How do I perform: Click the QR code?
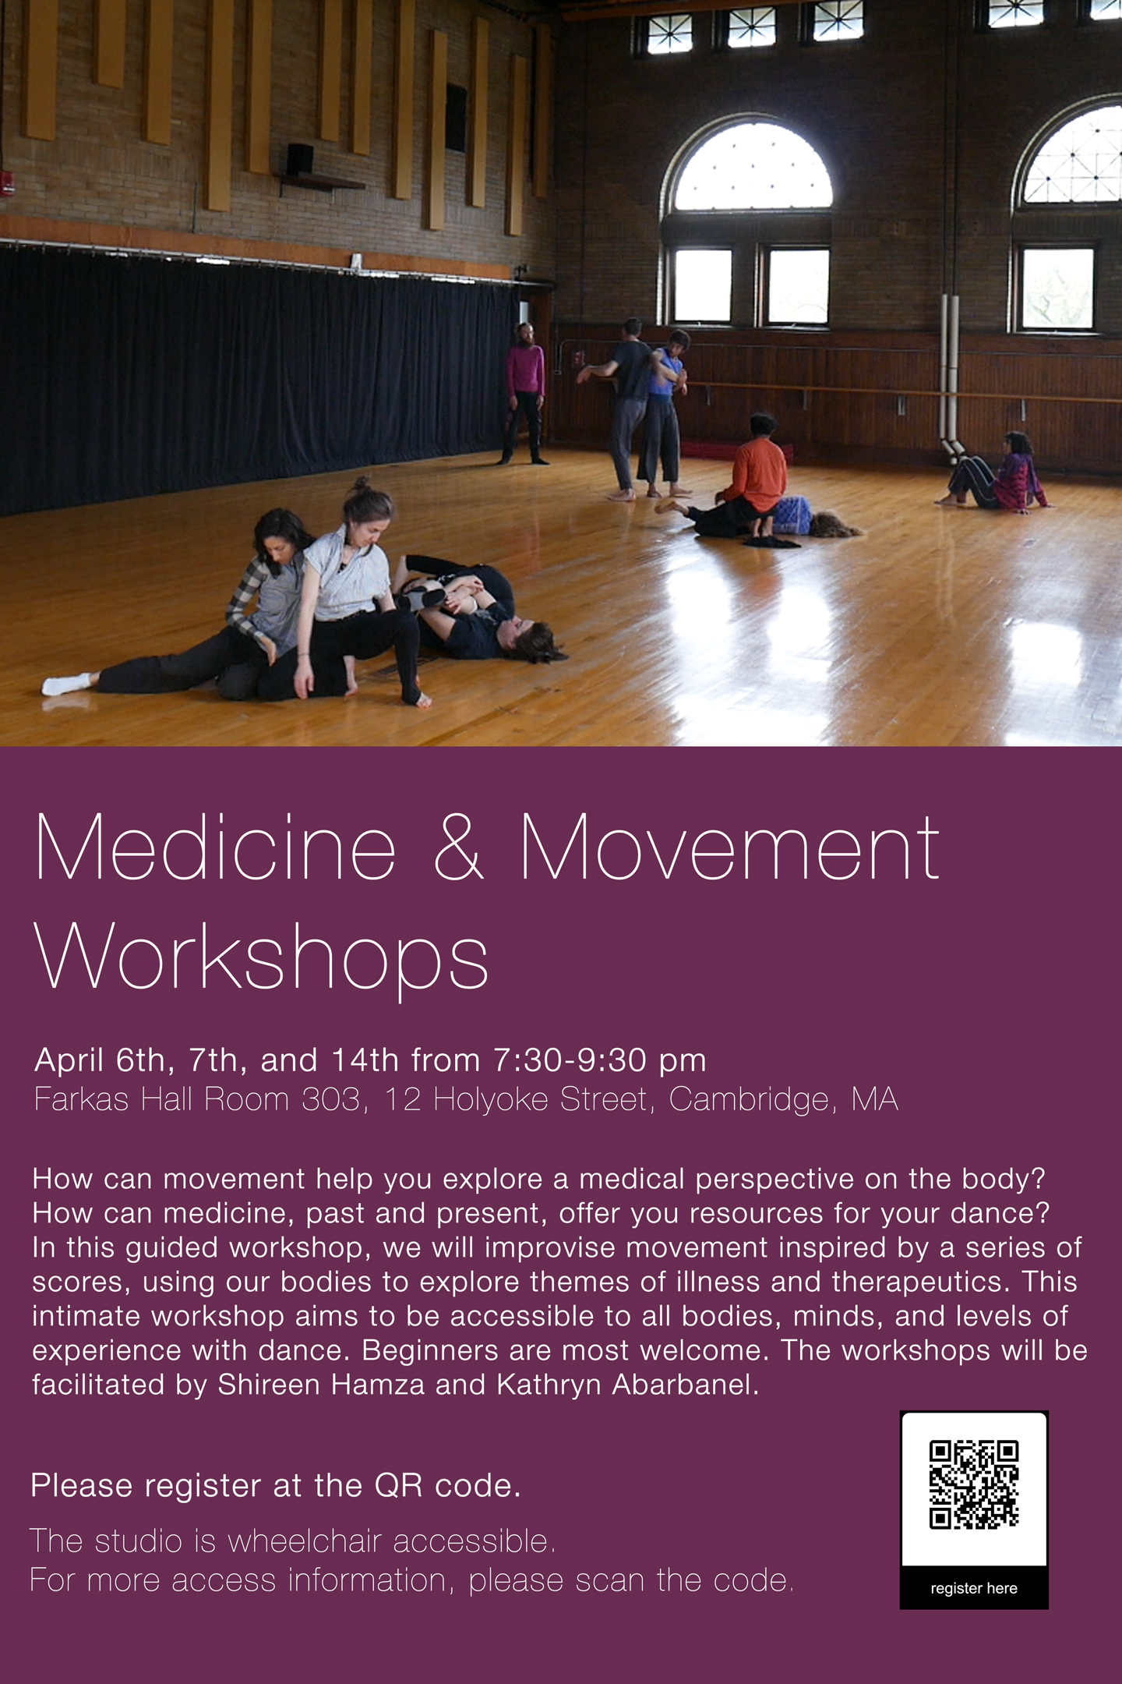coord(974,1484)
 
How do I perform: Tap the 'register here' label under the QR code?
coord(974,1588)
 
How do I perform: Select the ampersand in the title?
coord(459,847)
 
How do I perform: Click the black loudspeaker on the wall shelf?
coord(299,159)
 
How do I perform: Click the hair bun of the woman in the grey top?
coord(361,485)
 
